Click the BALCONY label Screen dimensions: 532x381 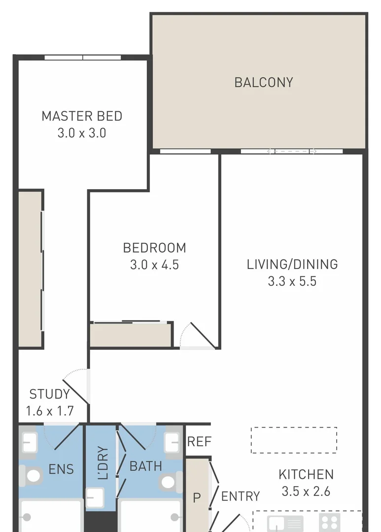coord(264,82)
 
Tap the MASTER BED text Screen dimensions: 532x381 coord(82,116)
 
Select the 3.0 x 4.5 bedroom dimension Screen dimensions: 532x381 coord(154,265)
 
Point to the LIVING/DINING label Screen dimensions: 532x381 coord(292,265)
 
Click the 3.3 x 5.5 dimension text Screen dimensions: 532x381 coord(292,282)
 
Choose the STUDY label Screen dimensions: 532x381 coord(49,394)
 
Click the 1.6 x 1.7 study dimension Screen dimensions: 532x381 coord(49,411)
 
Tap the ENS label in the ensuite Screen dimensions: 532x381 coord(61,469)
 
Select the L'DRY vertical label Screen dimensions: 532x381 coord(103,463)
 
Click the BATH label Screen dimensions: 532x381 coord(145,465)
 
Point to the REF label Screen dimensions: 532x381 coord(199,442)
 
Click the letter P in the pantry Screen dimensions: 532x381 coord(197,499)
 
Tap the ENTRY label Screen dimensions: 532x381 coord(241,497)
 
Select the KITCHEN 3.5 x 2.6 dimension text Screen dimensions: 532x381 coord(306,491)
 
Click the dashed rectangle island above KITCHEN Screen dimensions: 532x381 coord(294,440)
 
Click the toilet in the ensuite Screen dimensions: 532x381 coord(33,476)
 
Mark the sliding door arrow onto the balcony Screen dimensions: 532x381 coord(292,151)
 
